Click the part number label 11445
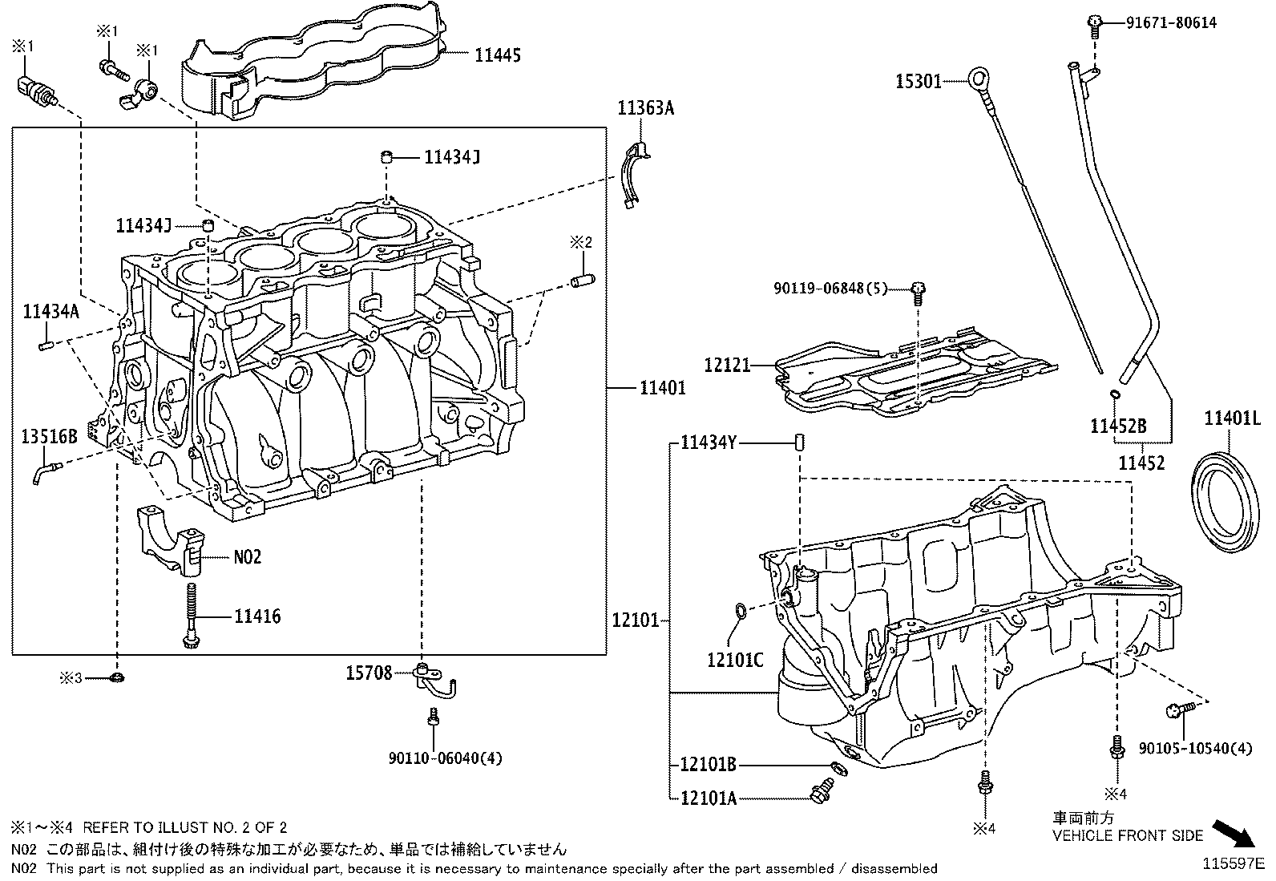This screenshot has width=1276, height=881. [x=497, y=55]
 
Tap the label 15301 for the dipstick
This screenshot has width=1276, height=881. [x=918, y=81]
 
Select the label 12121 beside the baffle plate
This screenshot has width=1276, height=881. [x=727, y=366]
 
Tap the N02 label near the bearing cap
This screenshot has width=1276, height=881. [x=248, y=556]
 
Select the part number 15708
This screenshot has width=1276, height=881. [x=369, y=673]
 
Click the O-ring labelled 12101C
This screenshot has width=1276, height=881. [x=741, y=613]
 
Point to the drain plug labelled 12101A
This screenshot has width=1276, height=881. [x=819, y=793]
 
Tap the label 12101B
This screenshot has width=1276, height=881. [x=707, y=765]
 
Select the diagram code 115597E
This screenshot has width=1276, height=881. [x=1231, y=864]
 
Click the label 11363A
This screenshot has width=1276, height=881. [x=645, y=107]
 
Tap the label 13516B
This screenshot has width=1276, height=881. [x=49, y=436]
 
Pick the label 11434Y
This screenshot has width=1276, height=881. [x=708, y=442]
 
